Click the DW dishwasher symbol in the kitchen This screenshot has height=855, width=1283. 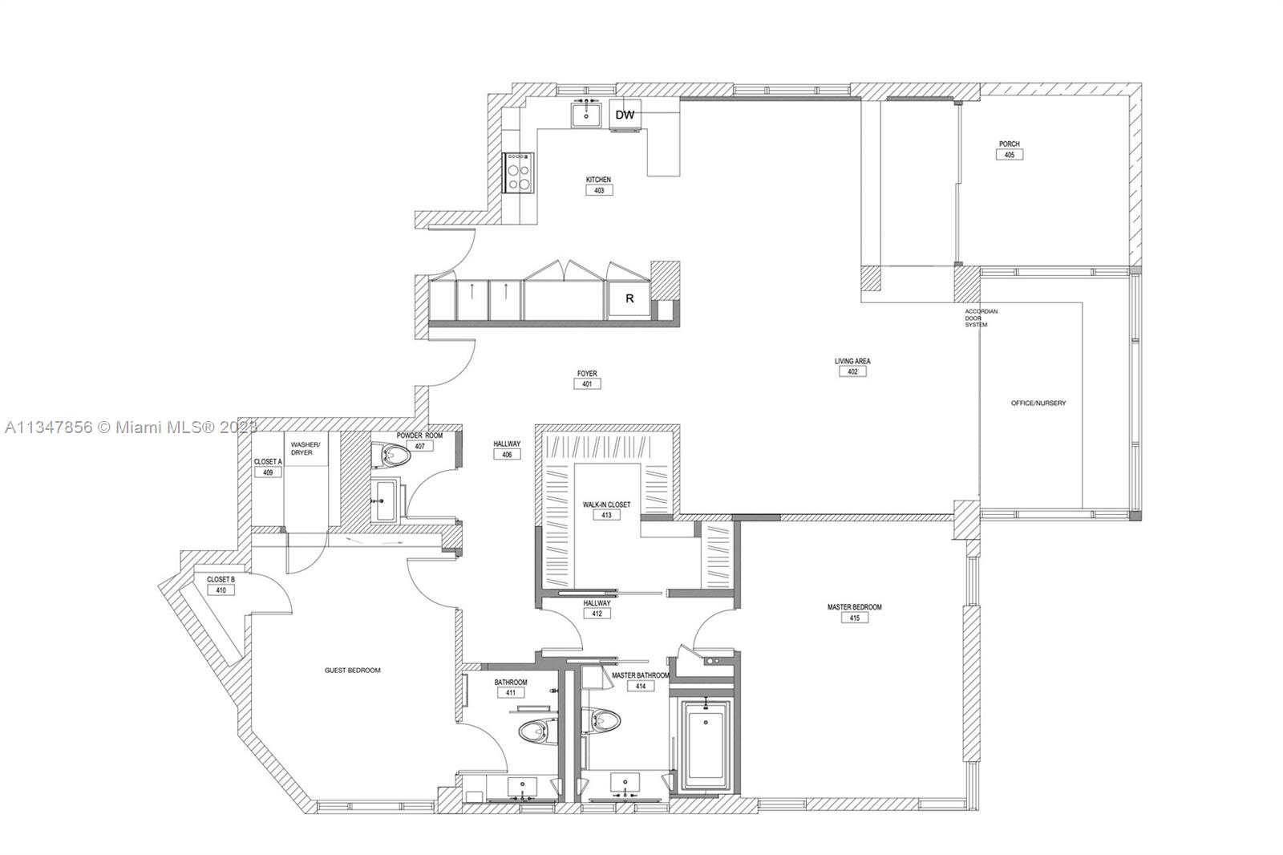[625, 115]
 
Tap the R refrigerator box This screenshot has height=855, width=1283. [629, 298]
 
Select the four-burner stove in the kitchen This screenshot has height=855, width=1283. [518, 172]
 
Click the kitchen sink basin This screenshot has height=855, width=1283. [586, 114]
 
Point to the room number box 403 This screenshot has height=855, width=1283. [599, 190]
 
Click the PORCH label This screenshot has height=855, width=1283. [1010, 144]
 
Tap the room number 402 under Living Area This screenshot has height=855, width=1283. [853, 371]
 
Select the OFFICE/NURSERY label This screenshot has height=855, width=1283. [1038, 403]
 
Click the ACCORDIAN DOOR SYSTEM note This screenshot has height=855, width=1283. [981, 318]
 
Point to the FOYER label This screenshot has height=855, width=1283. [587, 373]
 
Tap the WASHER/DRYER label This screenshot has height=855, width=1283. [306, 448]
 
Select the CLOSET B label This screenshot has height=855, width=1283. [221, 579]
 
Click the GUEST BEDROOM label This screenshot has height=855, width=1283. [352, 670]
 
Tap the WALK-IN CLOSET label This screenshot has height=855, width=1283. [606, 504]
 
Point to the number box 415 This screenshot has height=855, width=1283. [855, 618]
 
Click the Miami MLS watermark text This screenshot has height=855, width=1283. [132, 427]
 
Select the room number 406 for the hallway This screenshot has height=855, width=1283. [507, 455]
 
